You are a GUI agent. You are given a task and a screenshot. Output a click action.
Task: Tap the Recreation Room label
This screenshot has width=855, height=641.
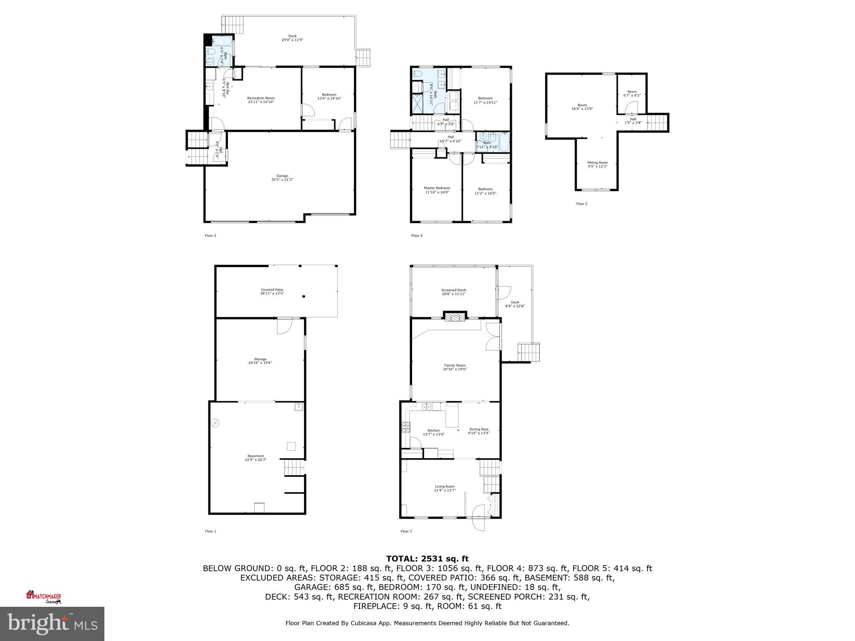tap(261, 100)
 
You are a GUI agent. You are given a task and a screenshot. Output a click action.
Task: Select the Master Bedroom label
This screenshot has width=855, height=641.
tap(437, 190)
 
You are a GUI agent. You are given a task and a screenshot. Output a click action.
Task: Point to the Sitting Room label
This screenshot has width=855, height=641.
tap(597, 164)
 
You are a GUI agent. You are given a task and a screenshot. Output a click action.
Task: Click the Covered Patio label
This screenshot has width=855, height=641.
tap(272, 291)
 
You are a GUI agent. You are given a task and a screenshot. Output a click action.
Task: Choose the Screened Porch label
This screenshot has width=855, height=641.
tap(453, 292)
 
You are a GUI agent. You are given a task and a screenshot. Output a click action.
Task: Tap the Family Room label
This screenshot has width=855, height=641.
tap(455, 367)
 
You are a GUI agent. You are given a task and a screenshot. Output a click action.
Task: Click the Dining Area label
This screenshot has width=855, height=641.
tap(478, 431)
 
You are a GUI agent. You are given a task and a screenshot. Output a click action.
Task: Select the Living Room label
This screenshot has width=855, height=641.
tap(445, 488)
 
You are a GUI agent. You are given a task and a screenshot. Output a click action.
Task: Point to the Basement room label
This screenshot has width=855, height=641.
tap(255, 457)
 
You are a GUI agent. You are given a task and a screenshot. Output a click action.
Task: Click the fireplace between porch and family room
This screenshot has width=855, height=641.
tap(454, 318)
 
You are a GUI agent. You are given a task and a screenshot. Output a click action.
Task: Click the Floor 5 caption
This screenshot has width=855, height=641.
tap(582, 204)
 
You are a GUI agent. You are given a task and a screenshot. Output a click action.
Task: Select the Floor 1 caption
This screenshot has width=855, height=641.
tap(210, 531)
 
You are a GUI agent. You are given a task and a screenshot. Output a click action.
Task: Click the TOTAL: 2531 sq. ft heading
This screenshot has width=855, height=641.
tap(427, 559)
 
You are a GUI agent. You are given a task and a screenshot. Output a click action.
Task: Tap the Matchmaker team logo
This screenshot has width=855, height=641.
tap(43, 597)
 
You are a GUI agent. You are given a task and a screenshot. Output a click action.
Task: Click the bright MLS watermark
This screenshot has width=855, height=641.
tap(52, 624)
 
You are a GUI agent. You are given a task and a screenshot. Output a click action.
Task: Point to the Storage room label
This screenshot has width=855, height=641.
tap(260, 361)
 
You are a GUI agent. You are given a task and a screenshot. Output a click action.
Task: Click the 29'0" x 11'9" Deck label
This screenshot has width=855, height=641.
tap(292, 38)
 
